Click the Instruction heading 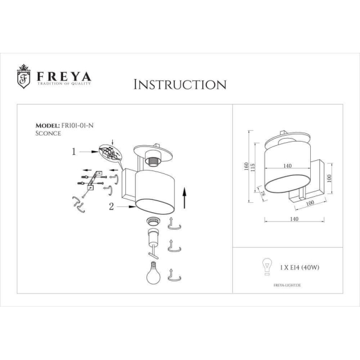(179, 84)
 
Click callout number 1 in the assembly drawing (74, 152)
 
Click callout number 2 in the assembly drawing (112, 207)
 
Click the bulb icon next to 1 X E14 (265, 265)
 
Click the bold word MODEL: (49, 125)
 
